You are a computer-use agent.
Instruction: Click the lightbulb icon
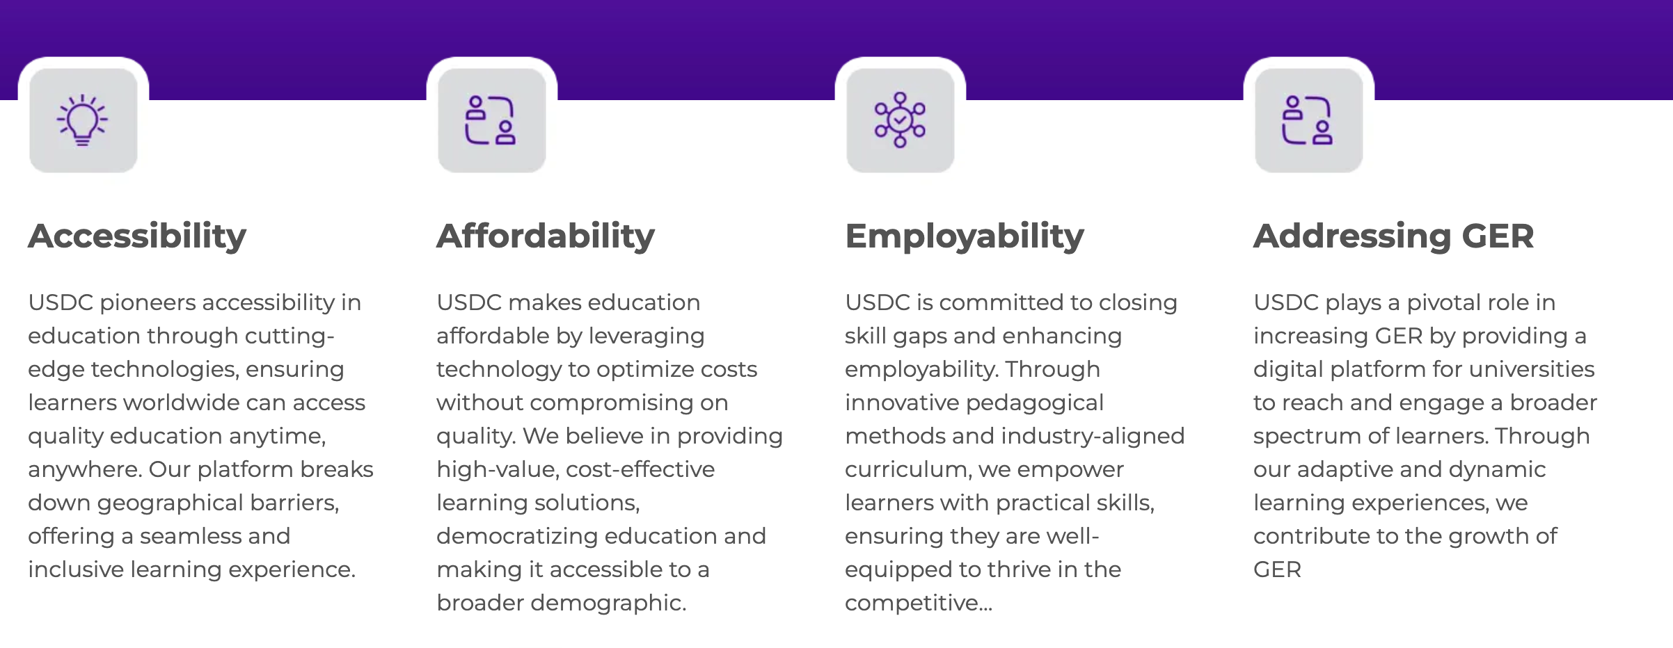[x=83, y=120]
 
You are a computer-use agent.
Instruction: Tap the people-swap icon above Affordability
[x=491, y=120]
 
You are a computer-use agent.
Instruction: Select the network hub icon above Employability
[x=900, y=120]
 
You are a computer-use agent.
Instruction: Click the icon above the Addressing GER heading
[x=1308, y=120]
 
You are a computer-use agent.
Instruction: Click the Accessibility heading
[x=137, y=236]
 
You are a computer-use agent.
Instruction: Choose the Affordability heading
[x=546, y=236]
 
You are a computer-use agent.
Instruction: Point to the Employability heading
[x=965, y=236]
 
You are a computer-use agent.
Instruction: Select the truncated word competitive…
[x=919, y=604]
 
